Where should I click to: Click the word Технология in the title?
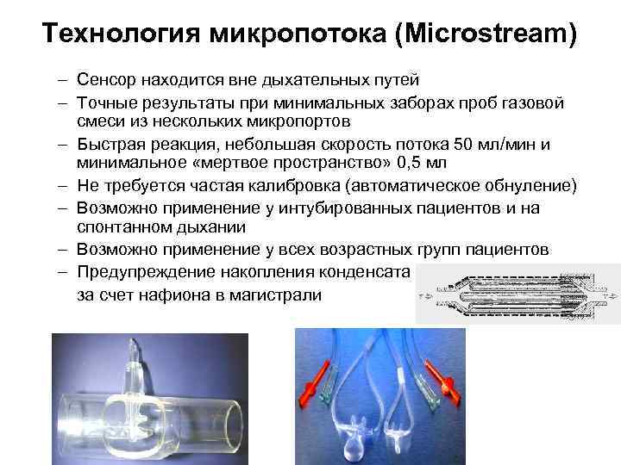tap(121, 35)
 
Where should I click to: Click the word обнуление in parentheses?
tap(525, 184)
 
